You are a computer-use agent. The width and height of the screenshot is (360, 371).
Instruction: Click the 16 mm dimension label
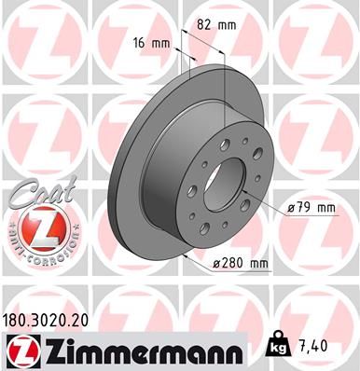click(153, 44)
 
